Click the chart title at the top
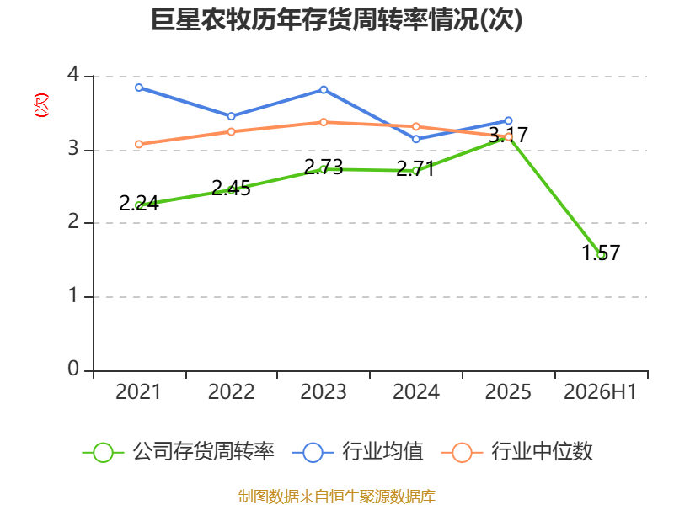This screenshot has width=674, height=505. click(x=336, y=19)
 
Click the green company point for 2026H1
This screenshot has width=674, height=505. click(x=601, y=255)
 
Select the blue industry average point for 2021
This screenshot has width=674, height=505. click(x=139, y=88)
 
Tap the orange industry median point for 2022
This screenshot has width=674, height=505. click(x=231, y=131)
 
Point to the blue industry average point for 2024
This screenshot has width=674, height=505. click(x=416, y=139)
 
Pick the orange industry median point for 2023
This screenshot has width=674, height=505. click(x=324, y=122)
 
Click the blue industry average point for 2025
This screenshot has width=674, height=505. click(x=509, y=120)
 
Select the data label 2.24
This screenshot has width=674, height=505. click(x=139, y=204)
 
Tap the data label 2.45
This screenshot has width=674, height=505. click(x=231, y=188)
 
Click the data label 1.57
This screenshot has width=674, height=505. click(x=601, y=252)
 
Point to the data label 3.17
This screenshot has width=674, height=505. click(x=509, y=136)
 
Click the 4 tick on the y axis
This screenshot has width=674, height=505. click(x=73, y=74)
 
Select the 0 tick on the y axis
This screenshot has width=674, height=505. click(x=73, y=369)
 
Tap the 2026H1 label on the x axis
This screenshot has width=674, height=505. click(x=600, y=392)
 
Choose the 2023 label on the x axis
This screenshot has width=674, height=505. click(x=324, y=392)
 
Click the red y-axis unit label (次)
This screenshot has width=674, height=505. click(x=41, y=105)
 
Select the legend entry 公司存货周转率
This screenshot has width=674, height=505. click(x=178, y=452)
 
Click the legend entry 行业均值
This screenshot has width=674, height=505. click(x=357, y=452)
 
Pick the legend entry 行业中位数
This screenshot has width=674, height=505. click(x=516, y=452)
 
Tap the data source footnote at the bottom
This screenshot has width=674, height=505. click(x=337, y=497)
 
